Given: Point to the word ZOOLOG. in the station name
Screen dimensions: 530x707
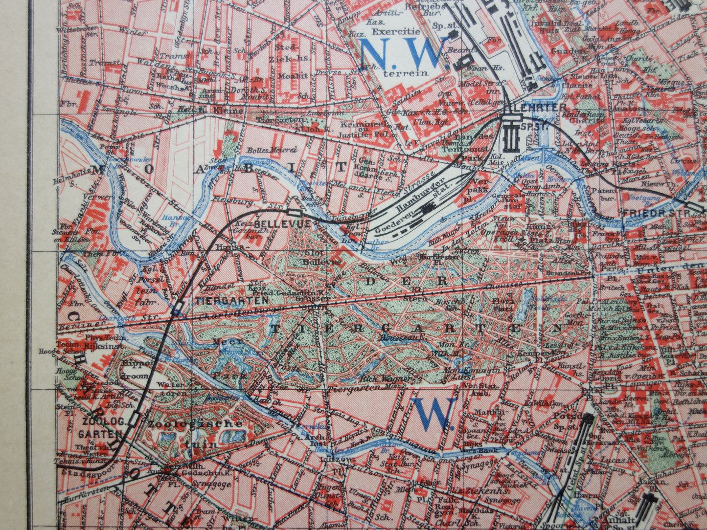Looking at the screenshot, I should tap(99, 422).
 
